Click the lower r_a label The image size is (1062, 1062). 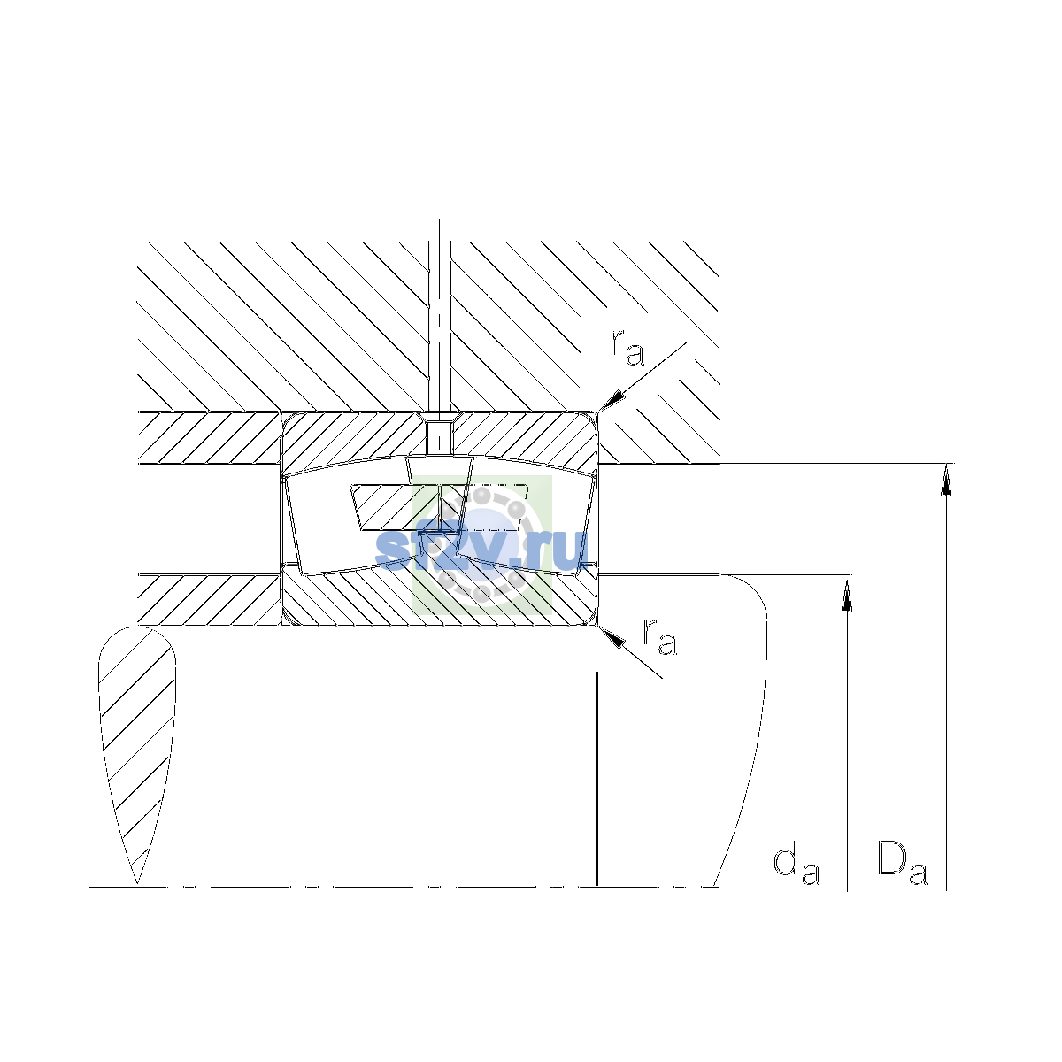pos(659,636)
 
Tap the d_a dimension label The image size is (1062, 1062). pos(796,866)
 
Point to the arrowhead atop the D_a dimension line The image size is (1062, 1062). pos(946,480)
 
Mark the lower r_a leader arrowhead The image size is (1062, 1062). pos(612,637)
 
